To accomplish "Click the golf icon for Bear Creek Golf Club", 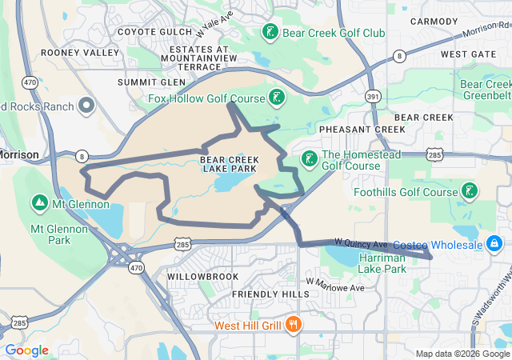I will (270, 33).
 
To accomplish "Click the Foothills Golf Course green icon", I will (470, 191).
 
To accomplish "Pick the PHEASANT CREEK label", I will (362, 129).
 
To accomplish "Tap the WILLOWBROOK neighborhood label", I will (202, 276).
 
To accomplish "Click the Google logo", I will (27, 350).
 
